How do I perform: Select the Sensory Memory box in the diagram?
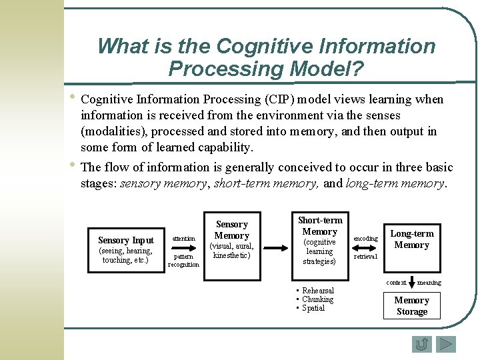pyautogui.click(x=232, y=239)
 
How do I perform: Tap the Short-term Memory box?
pyautogui.click(x=320, y=241)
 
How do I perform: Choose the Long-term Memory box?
pyautogui.click(x=411, y=239)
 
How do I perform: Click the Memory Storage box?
pyautogui.click(x=411, y=306)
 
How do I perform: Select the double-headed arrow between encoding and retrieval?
pyautogui.click(x=365, y=247)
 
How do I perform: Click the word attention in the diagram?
pyautogui.click(x=184, y=238)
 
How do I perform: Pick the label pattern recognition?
pyautogui.click(x=183, y=260)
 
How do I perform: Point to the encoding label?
pyautogui.click(x=365, y=238)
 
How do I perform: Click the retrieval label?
pyautogui.click(x=365, y=256)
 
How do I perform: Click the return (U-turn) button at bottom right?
pyautogui.click(x=421, y=344)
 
